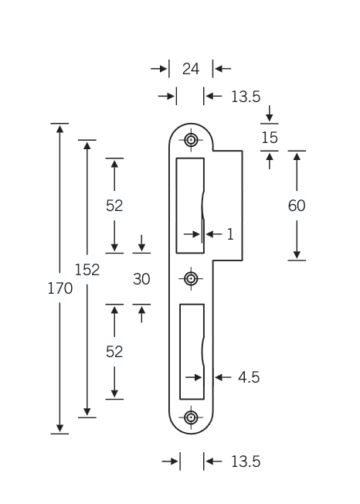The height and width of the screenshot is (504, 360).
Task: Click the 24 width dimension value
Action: tap(191, 69)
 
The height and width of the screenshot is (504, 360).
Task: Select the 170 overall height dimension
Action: tap(60, 288)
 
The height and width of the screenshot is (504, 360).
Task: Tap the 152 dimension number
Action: tap(87, 269)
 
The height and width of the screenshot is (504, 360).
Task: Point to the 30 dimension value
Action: tap(141, 279)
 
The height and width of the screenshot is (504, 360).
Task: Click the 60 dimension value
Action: tap(297, 206)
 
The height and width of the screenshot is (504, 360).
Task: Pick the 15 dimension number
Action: tap(269, 138)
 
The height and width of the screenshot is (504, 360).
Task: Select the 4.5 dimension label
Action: tap(249, 377)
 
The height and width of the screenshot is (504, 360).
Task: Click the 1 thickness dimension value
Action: tap(230, 234)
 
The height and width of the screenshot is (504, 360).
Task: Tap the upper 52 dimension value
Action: tap(114, 206)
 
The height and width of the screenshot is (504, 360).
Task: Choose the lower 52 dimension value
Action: tap(114, 352)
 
